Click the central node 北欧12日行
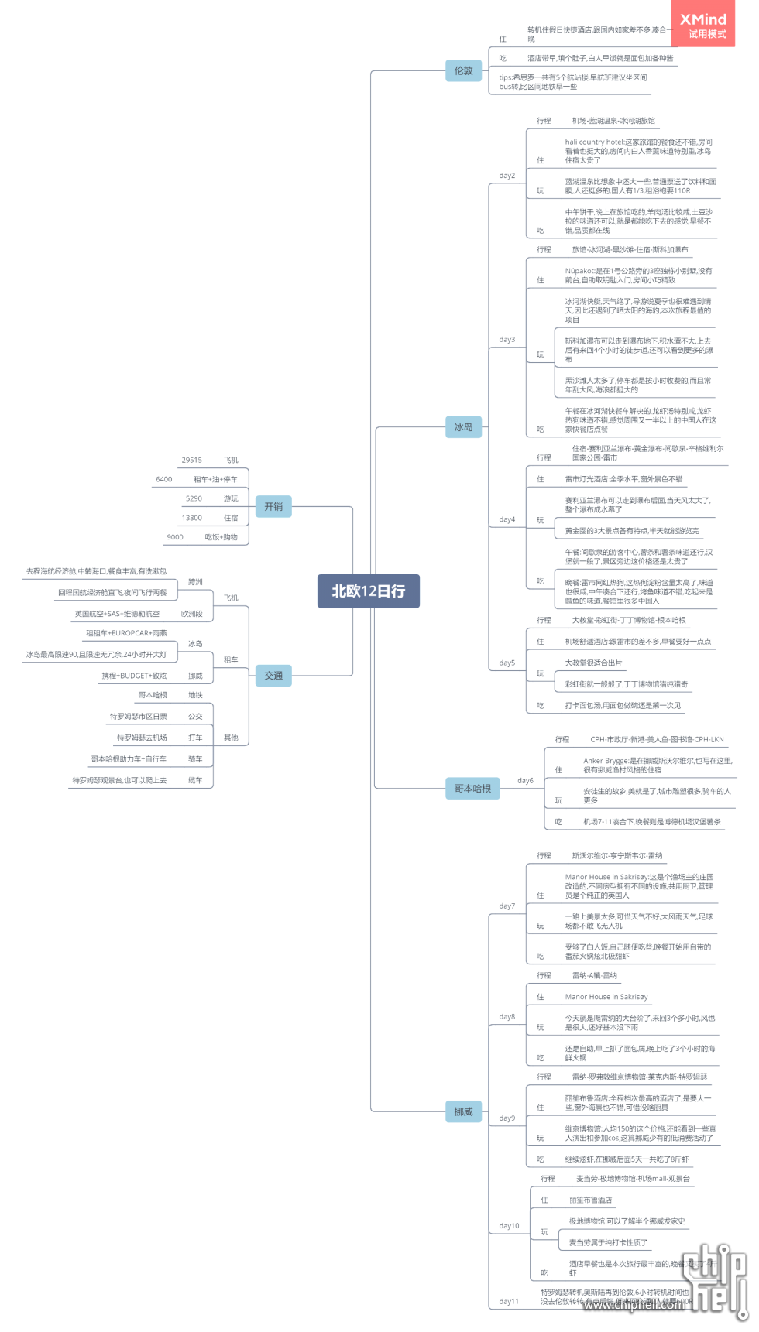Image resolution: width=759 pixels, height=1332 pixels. pos(368,591)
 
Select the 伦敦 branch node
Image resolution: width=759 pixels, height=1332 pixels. pos(463,70)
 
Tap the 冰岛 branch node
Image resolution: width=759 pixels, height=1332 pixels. pos(463,426)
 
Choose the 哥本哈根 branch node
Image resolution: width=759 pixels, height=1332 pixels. pos(472,789)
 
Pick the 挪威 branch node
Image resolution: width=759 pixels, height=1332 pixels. pos(463,1111)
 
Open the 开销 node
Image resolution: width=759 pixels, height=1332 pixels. pos(273,506)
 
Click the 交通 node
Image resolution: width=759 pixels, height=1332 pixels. pos(273,676)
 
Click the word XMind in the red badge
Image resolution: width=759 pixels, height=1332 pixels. pos(703,19)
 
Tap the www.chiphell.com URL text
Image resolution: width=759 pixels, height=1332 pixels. pos(634,1305)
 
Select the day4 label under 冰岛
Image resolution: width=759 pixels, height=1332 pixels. pos(507,520)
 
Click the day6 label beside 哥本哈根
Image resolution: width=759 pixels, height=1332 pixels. pos(525,781)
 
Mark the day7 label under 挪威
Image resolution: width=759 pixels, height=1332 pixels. pos(507,906)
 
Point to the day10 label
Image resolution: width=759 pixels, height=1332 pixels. pos(509,1226)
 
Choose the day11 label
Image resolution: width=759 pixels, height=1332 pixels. pos(508,1302)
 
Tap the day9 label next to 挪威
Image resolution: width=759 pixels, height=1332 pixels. pos(507,1118)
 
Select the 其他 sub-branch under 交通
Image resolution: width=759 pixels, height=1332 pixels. pos(231,738)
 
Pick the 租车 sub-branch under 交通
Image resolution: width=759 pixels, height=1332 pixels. pos(231,660)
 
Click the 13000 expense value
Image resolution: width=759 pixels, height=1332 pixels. pos(192,518)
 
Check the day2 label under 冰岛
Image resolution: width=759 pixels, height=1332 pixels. pos(507,176)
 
